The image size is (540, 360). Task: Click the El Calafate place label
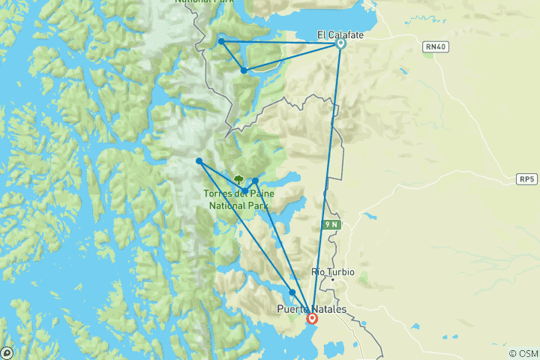336,34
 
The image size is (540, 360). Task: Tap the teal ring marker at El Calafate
340,43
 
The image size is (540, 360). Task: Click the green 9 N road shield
331,224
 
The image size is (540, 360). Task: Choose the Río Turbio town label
332,271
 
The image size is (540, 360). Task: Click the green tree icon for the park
238,179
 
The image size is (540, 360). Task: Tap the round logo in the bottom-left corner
7,352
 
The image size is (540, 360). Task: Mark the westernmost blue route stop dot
199,161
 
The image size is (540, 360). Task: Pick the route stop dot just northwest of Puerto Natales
292,292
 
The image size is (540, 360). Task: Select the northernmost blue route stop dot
221,41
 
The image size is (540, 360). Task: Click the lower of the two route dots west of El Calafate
244,70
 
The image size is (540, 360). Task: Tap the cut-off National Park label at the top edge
202,2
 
